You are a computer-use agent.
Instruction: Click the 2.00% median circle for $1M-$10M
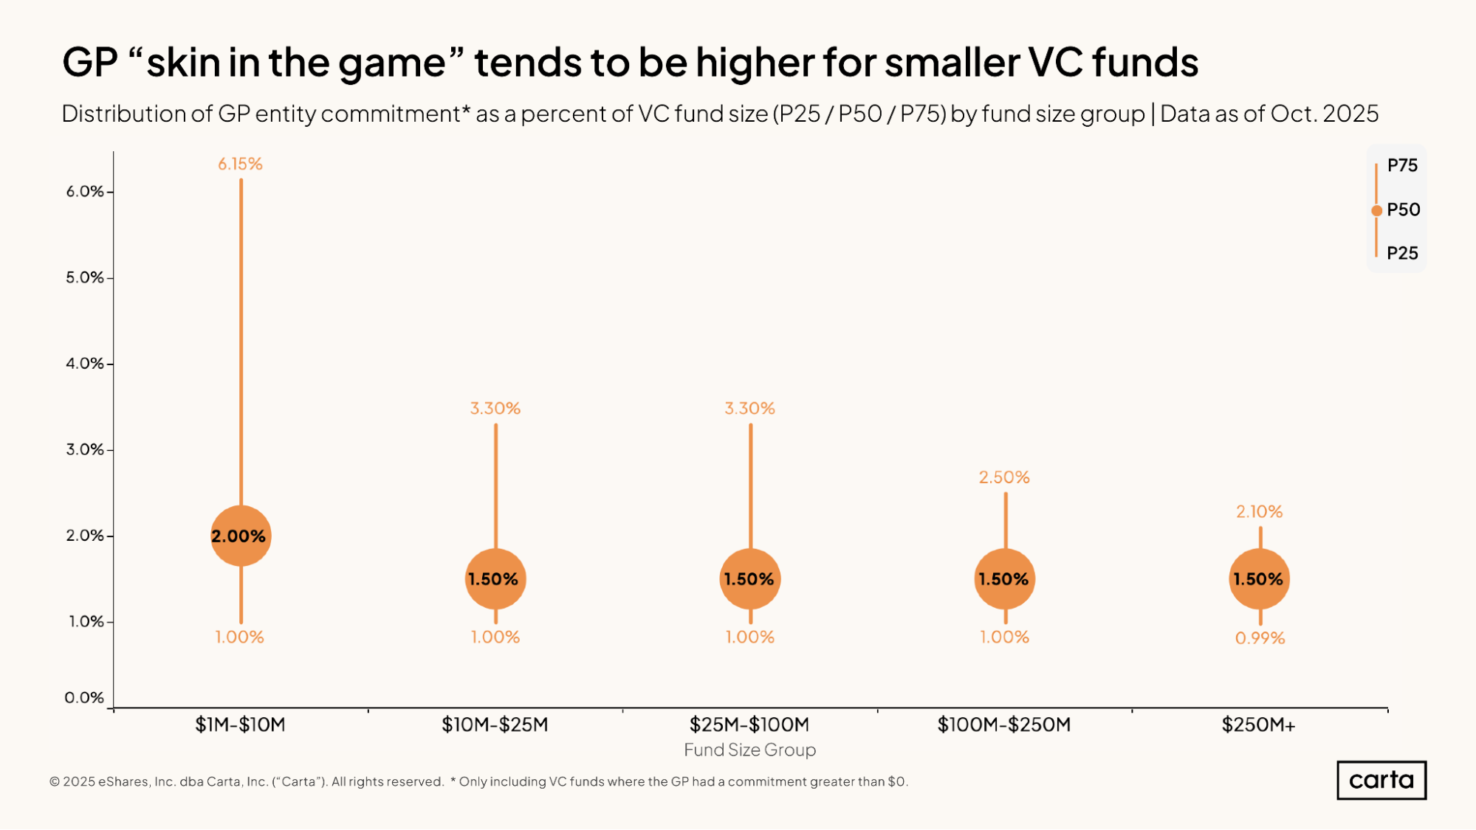pos(241,536)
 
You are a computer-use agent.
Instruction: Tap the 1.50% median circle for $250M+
pos(1259,579)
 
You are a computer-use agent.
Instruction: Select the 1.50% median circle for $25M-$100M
pos(749,579)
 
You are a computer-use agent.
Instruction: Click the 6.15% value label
pos(240,164)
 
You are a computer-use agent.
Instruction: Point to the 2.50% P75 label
pos(1004,477)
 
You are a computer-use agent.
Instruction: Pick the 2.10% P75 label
pos(1259,511)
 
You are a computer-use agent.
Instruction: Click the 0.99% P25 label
pos(1260,637)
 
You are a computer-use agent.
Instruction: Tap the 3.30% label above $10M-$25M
pos(495,408)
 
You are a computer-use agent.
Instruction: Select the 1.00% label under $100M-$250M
pos(1004,637)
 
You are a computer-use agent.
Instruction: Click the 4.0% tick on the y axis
pos(85,363)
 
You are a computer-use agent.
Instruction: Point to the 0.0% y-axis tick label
pos(84,697)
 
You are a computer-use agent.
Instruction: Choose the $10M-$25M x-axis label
pos(495,724)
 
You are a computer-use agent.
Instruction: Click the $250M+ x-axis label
pos(1258,724)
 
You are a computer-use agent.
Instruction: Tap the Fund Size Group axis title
pos(749,750)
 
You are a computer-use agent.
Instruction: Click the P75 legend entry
pos(1401,165)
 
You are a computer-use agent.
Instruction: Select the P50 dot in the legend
pos(1376,210)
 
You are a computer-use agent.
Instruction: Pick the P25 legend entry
pos(1401,253)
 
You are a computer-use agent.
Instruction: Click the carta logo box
pos(1381,780)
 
